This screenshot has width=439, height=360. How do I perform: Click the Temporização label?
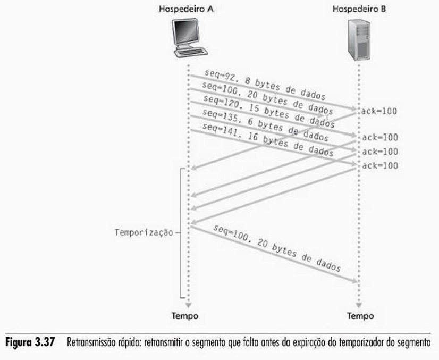coord(145,232)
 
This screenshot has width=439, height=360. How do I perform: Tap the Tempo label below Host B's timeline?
coord(360,316)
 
